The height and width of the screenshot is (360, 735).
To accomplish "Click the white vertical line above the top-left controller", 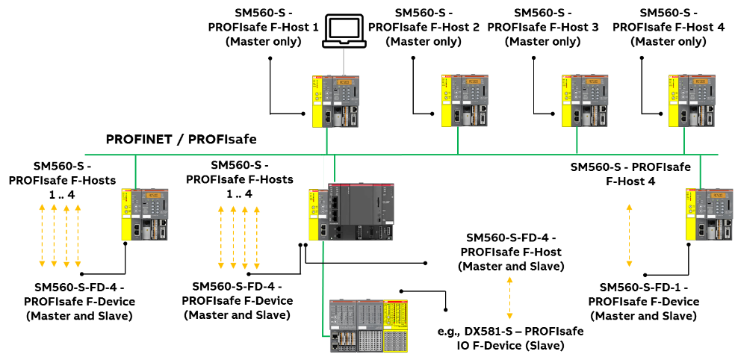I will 344,61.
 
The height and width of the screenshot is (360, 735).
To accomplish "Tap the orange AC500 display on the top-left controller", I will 344,82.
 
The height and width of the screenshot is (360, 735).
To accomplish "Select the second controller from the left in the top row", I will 465,100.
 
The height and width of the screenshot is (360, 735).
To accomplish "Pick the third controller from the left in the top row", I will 585,100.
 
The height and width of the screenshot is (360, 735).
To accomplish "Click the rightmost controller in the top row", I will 692,100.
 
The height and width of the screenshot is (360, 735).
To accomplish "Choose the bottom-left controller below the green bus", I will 145,214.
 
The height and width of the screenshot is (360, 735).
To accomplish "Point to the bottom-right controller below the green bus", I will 710,214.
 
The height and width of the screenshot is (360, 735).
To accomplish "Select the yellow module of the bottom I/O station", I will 395,326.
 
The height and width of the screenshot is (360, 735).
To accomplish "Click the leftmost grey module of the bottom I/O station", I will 343,326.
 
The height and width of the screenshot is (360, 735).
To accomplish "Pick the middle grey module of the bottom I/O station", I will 370,326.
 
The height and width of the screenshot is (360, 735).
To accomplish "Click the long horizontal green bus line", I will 224,155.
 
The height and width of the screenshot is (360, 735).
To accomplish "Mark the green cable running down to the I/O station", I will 323,291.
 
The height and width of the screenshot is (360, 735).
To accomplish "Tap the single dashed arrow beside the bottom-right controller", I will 629,235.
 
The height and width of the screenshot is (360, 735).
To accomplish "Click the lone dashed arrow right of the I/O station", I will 509,298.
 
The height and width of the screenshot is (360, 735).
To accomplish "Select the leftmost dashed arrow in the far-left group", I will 42,235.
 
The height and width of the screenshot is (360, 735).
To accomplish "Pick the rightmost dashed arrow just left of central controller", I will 257,238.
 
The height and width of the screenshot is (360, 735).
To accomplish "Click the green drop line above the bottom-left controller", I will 135,171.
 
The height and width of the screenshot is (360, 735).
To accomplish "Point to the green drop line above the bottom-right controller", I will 700,171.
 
